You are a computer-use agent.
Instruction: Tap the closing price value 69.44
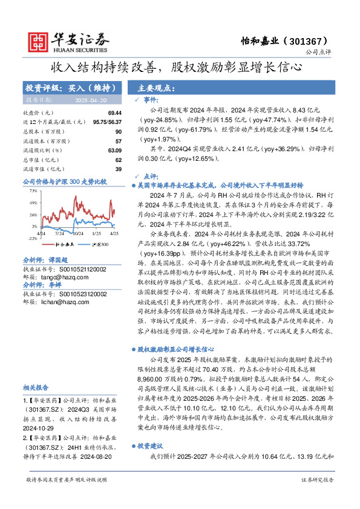click(115, 113)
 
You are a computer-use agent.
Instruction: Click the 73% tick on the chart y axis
click(33, 190)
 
